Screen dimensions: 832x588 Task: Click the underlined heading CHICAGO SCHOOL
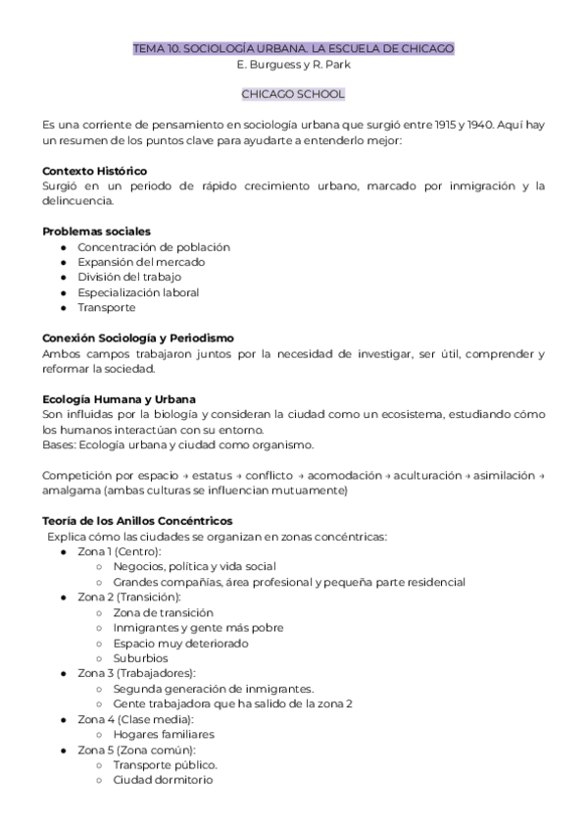[x=293, y=94]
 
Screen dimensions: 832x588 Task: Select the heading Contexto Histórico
[x=94, y=171]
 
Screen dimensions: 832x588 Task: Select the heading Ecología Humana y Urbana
[x=119, y=398]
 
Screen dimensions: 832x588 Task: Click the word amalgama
[x=73, y=490]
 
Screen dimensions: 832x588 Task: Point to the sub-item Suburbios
[x=140, y=658]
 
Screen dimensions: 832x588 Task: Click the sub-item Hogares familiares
[x=163, y=734]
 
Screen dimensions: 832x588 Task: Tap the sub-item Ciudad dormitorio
[x=162, y=780]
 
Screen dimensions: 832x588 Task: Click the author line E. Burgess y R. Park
[x=293, y=64]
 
